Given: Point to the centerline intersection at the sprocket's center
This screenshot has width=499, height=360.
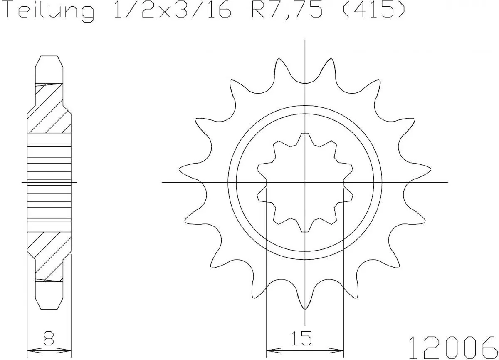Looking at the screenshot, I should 305,182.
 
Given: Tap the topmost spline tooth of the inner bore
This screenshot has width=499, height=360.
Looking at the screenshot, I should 305,137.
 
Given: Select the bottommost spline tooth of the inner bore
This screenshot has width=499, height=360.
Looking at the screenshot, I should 305,228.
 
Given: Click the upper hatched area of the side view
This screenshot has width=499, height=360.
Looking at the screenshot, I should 49,110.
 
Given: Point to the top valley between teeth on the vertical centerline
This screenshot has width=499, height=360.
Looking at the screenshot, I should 305,83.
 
